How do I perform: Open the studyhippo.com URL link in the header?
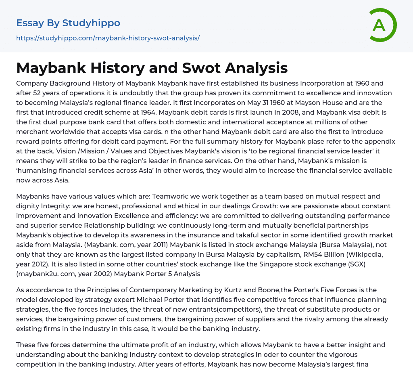108,38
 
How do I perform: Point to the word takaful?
256,235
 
